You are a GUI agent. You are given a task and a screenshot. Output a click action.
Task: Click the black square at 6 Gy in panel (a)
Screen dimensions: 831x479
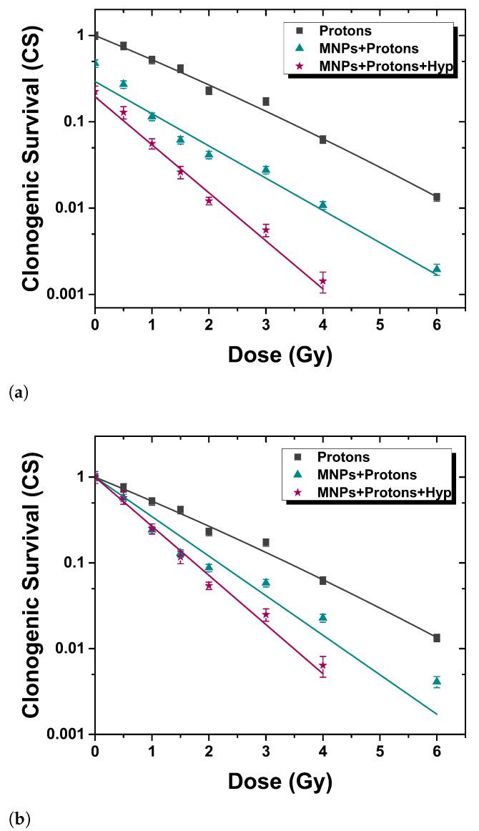437,197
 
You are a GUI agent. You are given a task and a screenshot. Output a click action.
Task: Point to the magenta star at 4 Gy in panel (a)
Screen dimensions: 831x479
323,281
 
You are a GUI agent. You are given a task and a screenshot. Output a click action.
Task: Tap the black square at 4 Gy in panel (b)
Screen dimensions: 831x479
323,580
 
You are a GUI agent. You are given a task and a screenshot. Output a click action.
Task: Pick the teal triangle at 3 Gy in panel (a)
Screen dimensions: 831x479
266,169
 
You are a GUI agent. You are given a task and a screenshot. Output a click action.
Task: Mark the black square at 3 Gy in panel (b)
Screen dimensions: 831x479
266,542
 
